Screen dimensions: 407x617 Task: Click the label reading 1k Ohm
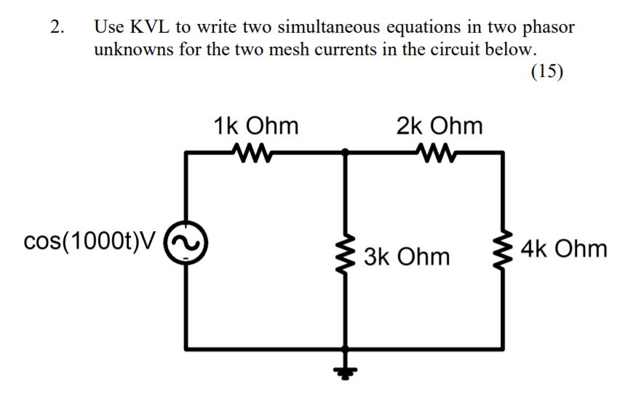[256, 126]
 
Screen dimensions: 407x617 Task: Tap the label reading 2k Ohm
[439, 126]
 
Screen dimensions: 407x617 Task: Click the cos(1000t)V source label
[89, 243]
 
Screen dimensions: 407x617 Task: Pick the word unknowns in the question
[132, 50]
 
